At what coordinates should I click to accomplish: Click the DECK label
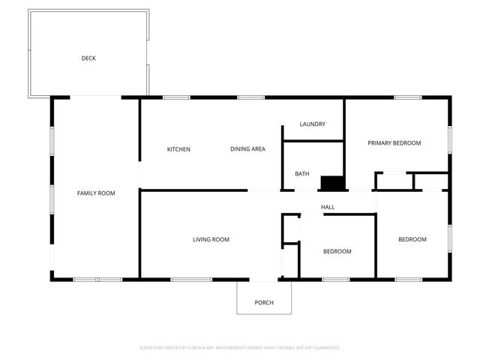coord(88,58)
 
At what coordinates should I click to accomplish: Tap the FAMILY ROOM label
coord(96,193)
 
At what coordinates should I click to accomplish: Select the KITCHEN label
coord(178,149)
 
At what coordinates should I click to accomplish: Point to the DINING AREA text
coord(247,149)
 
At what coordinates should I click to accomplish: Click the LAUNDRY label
coord(312,124)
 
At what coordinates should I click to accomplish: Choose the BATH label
coord(301,174)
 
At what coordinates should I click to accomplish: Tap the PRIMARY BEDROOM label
coord(394,143)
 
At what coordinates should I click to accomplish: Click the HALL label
coord(328,207)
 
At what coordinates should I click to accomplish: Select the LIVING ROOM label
coord(211,240)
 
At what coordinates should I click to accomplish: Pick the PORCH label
coord(264,303)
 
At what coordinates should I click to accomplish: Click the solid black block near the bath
coord(331,183)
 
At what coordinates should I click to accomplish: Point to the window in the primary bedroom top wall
coord(406,97)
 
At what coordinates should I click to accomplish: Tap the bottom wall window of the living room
coord(191,280)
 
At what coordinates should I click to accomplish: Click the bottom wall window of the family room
coord(97,280)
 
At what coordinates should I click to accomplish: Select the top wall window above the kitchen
coord(175,97)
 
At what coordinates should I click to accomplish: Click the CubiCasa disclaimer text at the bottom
coord(240,348)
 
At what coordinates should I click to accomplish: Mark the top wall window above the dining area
coord(250,97)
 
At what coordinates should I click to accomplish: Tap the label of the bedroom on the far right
coord(412,240)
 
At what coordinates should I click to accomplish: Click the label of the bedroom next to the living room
coord(337,251)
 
